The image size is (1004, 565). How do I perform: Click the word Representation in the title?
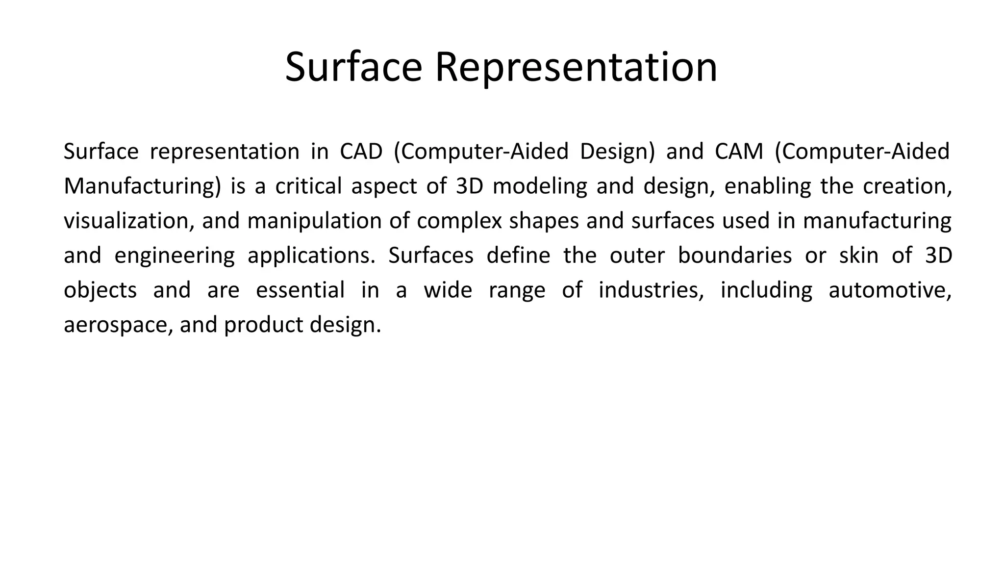click(x=576, y=67)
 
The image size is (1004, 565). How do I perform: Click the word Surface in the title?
click(x=353, y=67)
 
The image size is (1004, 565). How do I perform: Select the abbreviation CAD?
click(x=361, y=152)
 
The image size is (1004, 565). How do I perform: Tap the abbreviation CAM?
click(x=739, y=152)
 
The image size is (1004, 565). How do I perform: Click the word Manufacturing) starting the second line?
click(x=143, y=187)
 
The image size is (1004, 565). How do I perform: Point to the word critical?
click(x=308, y=186)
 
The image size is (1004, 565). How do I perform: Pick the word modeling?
click(x=540, y=186)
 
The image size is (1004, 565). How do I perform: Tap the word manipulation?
click(x=314, y=221)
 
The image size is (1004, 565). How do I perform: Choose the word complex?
click(x=459, y=221)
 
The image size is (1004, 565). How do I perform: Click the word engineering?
click(x=174, y=256)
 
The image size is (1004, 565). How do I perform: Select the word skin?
click(x=858, y=256)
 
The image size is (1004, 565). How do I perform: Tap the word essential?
click(x=300, y=290)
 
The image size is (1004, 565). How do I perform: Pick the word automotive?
click(x=890, y=290)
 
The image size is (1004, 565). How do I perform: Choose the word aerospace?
click(x=118, y=325)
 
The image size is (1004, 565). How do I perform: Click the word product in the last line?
click(x=263, y=325)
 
